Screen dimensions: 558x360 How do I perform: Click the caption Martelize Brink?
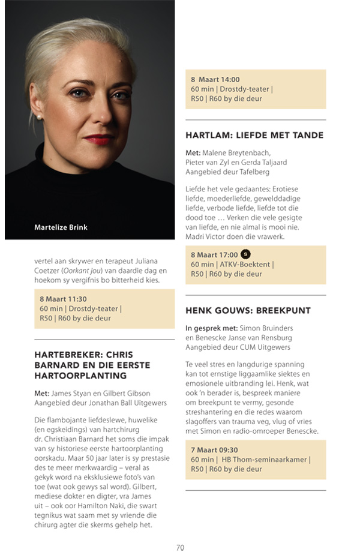point(61,227)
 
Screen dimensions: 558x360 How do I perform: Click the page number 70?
point(180,547)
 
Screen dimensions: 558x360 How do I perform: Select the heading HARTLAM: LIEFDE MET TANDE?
point(254,136)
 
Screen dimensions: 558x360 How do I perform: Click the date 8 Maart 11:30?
point(63,298)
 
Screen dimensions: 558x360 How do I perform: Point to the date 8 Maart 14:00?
point(215,79)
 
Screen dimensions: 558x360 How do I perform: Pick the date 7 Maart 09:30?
point(214,449)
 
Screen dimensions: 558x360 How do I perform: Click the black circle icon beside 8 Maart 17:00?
point(245,254)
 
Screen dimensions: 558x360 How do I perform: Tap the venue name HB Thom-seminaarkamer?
point(272,460)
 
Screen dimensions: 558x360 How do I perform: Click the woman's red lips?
point(98,139)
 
